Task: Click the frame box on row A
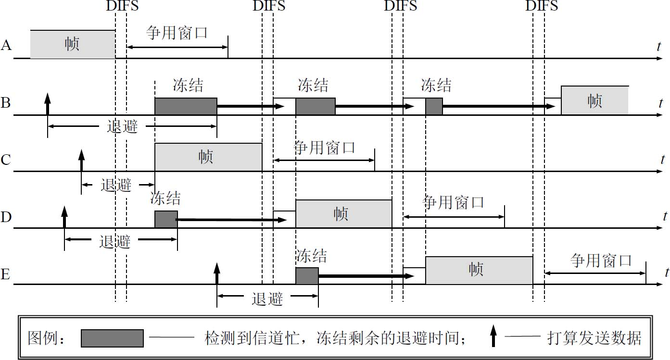[73, 44]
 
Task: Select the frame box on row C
[208, 157]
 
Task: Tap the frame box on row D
[343, 214]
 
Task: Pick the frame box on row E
[479, 270]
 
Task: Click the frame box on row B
[594, 100]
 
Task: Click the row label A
[6, 45]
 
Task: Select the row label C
[6, 159]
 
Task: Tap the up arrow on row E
[216, 273]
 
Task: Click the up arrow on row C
[81, 160]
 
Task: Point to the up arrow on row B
[47, 103]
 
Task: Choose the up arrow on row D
[64, 217]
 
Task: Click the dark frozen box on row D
[166, 219]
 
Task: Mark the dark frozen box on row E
[307, 276]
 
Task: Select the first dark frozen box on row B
[186, 106]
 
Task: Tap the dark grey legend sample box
[112, 338]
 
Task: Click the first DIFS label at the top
[121, 6]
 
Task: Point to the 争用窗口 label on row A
[177, 33]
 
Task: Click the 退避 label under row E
[267, 299]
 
